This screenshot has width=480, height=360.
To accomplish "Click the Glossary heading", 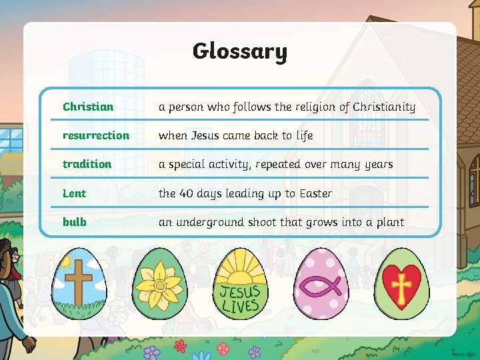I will (x=240, y=51).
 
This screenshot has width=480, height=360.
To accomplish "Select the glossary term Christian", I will (x=88, y=107).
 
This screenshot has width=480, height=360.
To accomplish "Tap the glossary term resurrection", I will (x=96, y=135).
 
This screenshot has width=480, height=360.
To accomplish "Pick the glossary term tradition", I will (x=87, y=164).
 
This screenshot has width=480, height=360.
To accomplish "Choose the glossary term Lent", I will (x=74, y=193).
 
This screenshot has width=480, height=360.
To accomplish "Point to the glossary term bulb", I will (x=75, y=222).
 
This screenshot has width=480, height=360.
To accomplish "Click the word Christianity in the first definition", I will (x=384, y=107).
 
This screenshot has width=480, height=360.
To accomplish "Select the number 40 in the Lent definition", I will (x=187, y=193).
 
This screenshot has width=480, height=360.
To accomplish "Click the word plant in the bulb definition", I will (x=389, y=222).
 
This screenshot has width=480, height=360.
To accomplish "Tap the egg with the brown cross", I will (x=81, y=283).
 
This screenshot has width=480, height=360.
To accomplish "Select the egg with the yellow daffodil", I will (x=160, y=283).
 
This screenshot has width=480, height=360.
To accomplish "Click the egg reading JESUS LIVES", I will (x=240, y=283).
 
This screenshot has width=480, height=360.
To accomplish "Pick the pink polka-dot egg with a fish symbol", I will (x=320, y=283).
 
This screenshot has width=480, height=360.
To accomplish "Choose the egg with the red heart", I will (x=401, y=283).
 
